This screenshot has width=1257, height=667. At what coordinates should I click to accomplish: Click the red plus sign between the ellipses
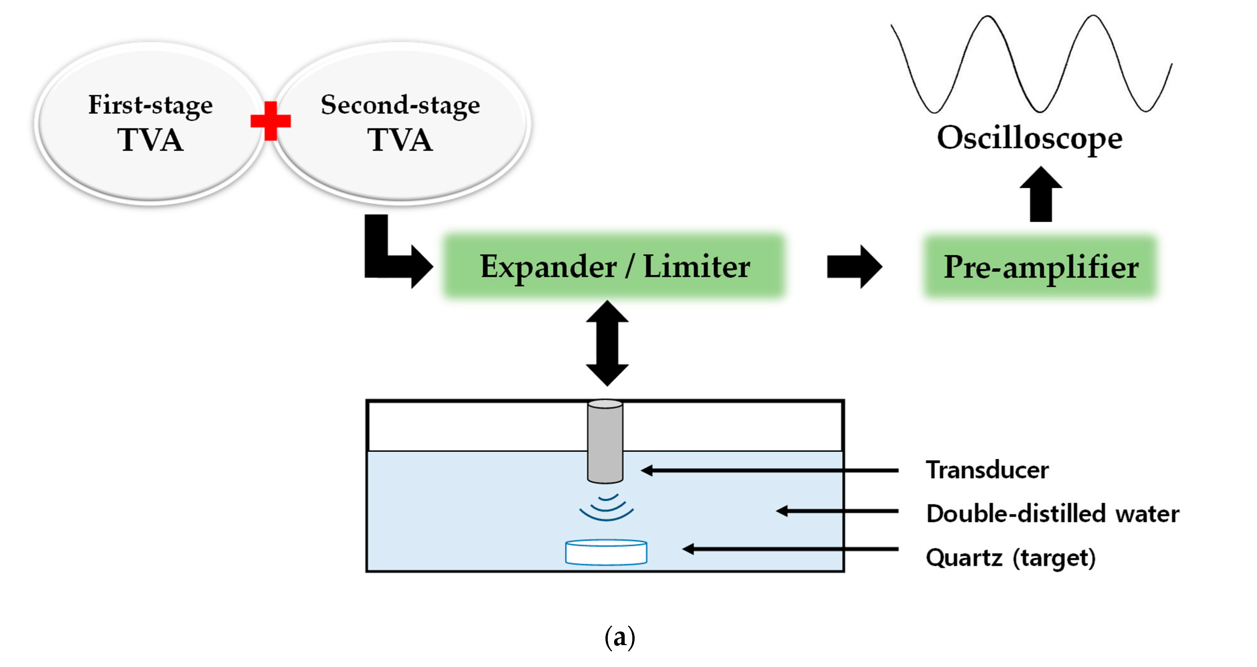pyautogui.click(x=270, y=121)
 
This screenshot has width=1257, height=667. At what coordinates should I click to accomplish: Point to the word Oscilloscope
pyautogui.click(x=1030, y=138)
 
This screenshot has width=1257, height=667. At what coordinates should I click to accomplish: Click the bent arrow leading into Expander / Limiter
pyautogui.click(x=386, y=259)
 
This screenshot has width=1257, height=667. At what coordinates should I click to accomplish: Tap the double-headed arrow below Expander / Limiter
pyautogui.click(x=607, y=343)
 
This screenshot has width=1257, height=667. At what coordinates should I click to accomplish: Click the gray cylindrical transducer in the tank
pyautogui.click(x=605, y=442)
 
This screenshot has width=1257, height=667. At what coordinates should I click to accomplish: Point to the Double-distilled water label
pyautogui.click(x=1052, y=514)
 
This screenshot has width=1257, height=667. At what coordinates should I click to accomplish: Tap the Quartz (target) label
pyautogui.click(x=1010, y=558)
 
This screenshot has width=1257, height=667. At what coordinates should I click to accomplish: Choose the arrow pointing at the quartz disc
pyautogui.click(x=790, y=549)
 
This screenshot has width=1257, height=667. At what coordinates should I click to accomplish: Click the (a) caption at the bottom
pyautogui.click(x=620, y=638)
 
